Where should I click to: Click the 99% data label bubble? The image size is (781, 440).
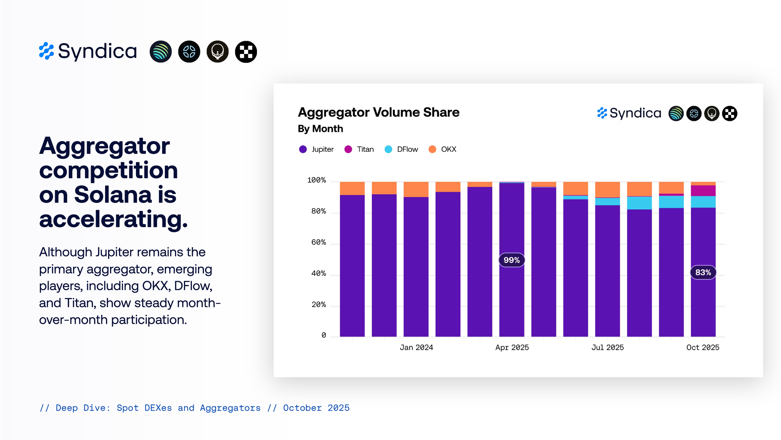coord(512,260)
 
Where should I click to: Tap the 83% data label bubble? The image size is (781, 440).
coord(703,273)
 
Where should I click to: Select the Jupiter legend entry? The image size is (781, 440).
coord(317,149)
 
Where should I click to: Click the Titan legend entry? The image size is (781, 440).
coord(359,149)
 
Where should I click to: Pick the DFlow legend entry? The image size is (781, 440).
coord(401,149)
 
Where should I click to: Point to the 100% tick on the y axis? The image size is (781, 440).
coord(317,180)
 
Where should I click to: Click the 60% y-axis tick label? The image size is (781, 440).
coord(319,242)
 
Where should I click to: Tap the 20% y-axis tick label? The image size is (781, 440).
coord(319,305)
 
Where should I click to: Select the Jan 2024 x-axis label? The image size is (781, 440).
coord(416,348)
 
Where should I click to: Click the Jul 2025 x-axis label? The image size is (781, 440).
coord(608,348)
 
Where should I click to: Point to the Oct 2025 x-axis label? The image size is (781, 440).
coord(703,348)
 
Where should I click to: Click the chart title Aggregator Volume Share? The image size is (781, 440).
coord(378,112)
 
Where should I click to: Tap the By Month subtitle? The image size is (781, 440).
coord(320,129)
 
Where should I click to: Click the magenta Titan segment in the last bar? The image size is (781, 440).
coord(703,190)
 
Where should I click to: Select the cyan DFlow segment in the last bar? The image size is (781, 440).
coord(703,202)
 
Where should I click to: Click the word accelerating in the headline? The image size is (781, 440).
coord(113,219)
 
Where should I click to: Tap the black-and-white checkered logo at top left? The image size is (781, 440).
coord(246,52)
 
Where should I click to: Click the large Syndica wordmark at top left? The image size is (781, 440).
coord(97,51)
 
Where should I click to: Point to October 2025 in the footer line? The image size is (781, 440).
coord(316,408)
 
